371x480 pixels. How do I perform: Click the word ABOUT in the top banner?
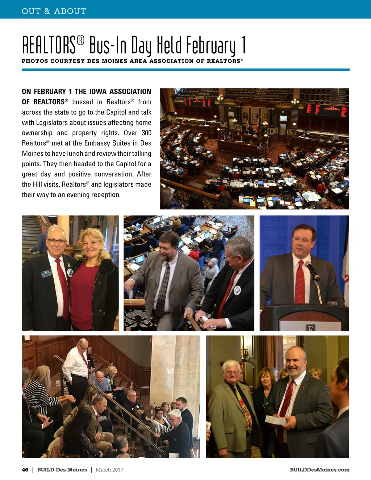pos(70,11)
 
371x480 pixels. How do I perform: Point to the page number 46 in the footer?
pos(25,470)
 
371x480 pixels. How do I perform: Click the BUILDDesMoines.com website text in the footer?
pos(320,470)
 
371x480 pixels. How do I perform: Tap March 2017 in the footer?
pos(109,470)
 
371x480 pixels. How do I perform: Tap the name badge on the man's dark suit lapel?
pos(47,274)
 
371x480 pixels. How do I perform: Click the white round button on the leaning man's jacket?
pos(237,290)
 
